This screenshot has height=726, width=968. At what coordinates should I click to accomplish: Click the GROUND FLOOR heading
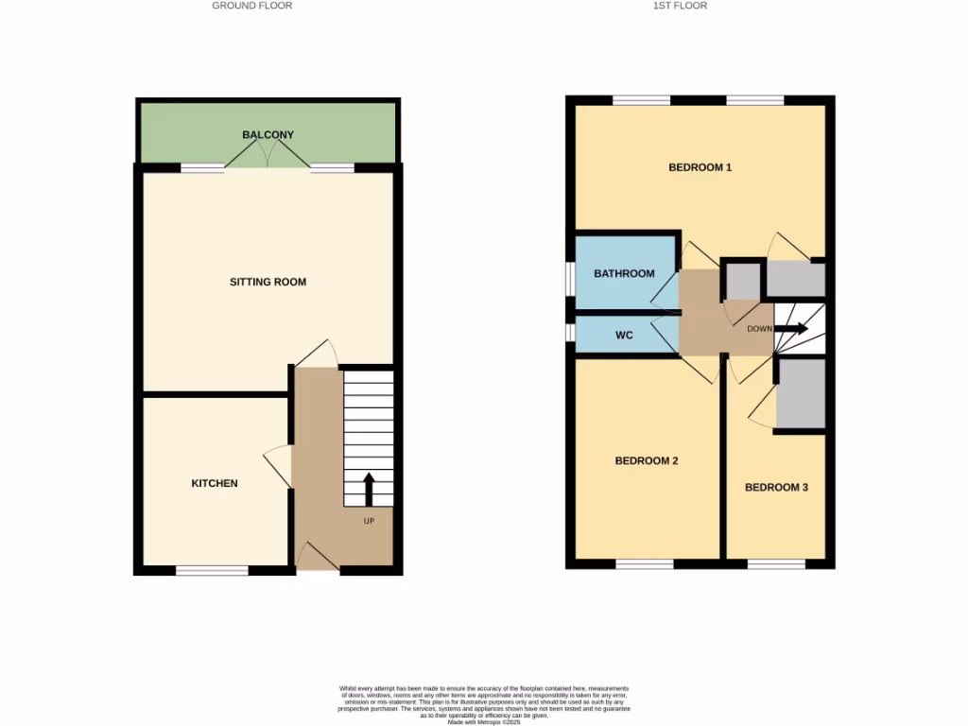pyautogui.click(x=251, y=6)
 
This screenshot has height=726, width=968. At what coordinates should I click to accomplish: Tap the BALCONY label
pyautogui.click(x=268, y=135)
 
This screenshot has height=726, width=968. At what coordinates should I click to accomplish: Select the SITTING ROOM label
pyautogui.click(x=268, y=282)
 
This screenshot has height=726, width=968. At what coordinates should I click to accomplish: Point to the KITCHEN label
pyautogui.click(x=215, y=483)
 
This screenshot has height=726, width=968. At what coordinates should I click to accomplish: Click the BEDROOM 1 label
pyautogui.click(x=700, y=167)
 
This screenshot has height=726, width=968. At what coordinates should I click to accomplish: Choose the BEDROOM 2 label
pyautogui.click(x=647, y=461)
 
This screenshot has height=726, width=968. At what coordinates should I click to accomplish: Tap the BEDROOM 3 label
pyautogui.click(x=776, y=488)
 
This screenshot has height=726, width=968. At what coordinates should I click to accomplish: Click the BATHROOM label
pyautogui.click(x=624, y=274)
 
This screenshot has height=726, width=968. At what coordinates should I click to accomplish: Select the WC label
pyautogui.click(x=624, y=336)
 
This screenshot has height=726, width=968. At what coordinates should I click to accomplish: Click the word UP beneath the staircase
pyautogui.click(x=369, y=521)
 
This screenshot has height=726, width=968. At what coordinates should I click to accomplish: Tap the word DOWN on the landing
pyautogui.click(x=759, y=329)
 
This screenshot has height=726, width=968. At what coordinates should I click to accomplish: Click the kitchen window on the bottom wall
pyautogui.click(x=212, y=570)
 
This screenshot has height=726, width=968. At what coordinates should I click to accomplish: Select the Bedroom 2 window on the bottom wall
pyautogui.click(x=644, y=563)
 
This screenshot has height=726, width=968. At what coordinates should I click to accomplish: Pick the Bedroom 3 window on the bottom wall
pyautogui.click(x=776, y=563)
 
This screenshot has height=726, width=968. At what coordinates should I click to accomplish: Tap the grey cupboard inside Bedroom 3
pyautogui.click(x=801, y=395)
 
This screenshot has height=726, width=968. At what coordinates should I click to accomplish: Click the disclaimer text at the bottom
pyautogui.click(x=484, y=704)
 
